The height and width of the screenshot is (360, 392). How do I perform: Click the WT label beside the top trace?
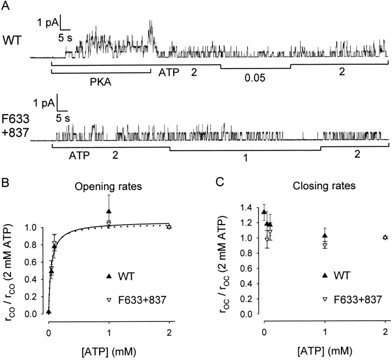pos(11,39)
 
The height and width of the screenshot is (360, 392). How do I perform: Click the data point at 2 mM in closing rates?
pos(385,237)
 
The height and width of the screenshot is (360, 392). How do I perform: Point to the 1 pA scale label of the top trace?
pos(47,23)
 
